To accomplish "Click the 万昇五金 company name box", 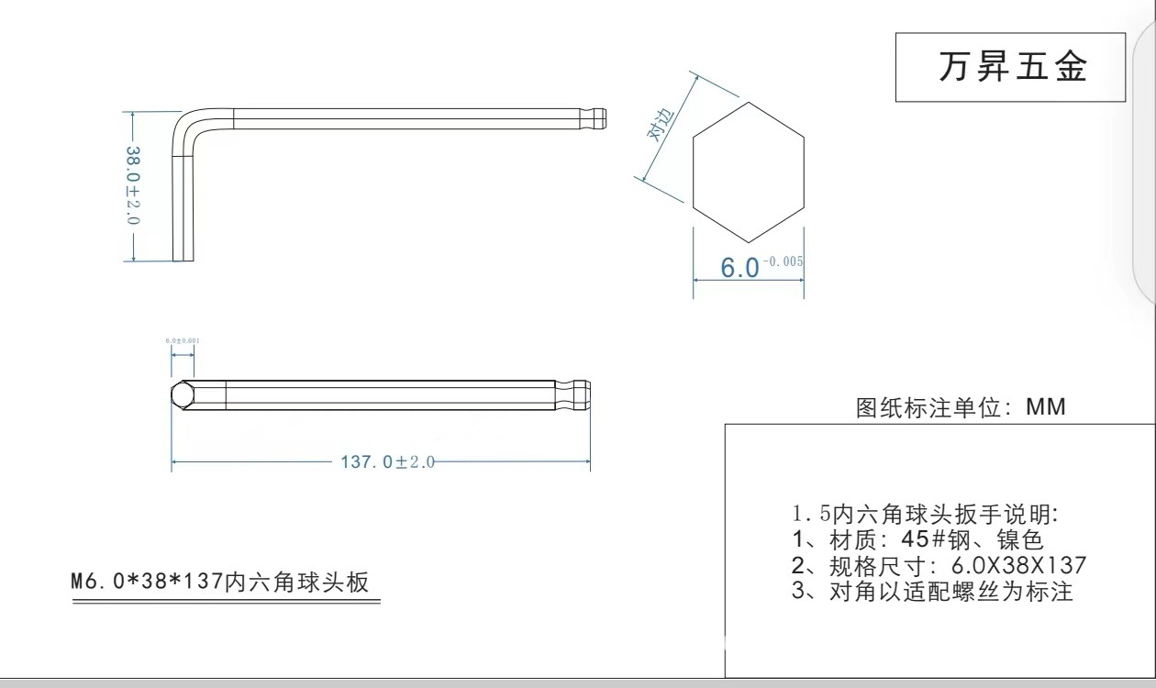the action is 1010,67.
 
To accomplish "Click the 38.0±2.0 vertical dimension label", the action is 132,186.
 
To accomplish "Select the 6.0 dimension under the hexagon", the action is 740,268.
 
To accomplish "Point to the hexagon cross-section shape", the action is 748,170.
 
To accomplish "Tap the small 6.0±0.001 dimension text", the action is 183,340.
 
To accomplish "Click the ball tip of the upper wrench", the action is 598,119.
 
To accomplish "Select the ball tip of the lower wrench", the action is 580,394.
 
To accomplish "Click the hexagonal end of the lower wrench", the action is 183,395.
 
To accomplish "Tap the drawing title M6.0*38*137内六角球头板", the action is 220,583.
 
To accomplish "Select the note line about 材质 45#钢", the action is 917,540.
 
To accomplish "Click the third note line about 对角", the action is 931,592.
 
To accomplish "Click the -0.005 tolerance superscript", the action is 784,261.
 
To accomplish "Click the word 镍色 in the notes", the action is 1024,540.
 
